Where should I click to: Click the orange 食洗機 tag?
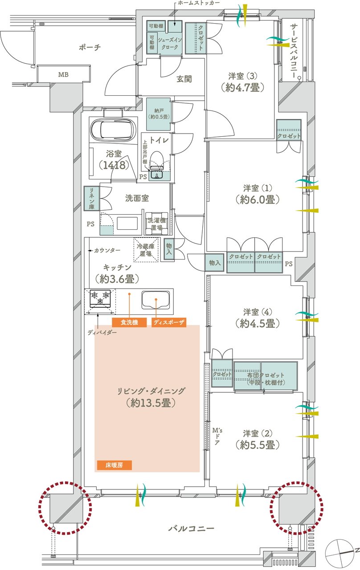[x=129, y=322]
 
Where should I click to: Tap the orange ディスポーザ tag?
[x=169, y=322]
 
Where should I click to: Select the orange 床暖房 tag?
[x=114, y=465]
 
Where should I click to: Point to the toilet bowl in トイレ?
[x=156, y=160]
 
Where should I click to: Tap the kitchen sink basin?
[x=156, y=299]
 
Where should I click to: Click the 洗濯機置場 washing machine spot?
[x=157, y=223]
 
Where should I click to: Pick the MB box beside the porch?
[x=63, y=74]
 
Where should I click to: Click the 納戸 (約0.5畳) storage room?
[x=158, y=114]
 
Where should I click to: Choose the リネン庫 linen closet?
[x=90, y=198]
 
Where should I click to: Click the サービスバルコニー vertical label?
[x=294, y=51]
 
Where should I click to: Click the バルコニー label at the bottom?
[x=192, y=529]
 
